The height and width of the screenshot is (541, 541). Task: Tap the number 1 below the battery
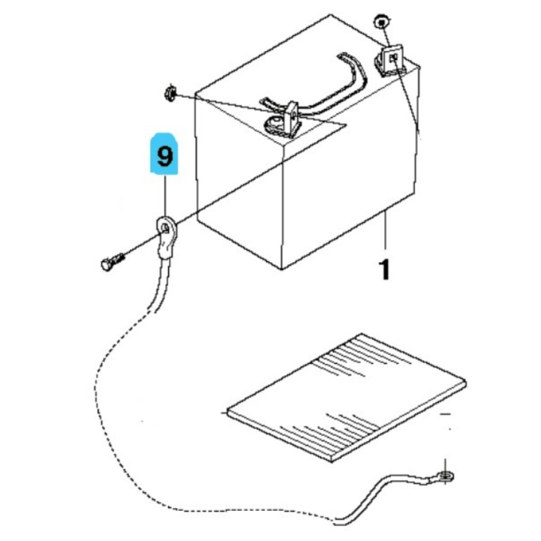pos(385,270)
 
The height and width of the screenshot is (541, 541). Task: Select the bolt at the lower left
pos(113,262)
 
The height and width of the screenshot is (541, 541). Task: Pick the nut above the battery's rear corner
pos(381,23)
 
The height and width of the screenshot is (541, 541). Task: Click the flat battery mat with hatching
pos(346,397)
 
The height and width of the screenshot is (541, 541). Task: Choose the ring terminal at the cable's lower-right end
pos(446,477)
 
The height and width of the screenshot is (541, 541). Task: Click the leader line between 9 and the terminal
pos(165,195)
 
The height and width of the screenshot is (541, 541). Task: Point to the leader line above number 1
pos(385,229)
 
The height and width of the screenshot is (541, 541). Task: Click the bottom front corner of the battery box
pos(283,269)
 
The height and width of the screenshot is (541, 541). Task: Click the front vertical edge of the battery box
pos(283,213)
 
